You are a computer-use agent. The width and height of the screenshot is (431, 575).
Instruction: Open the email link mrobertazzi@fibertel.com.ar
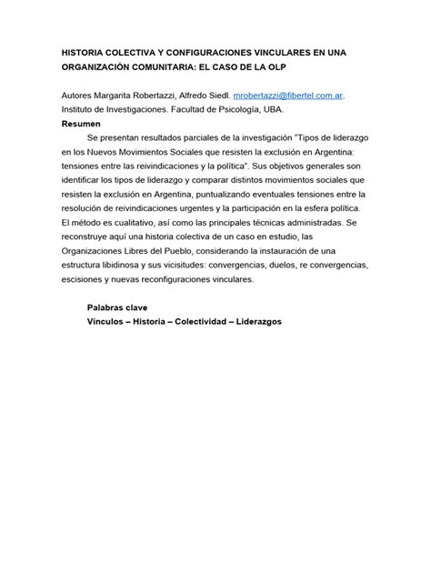[x=288, y=95]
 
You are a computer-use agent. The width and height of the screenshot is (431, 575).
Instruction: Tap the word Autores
[x=79, y=95]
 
